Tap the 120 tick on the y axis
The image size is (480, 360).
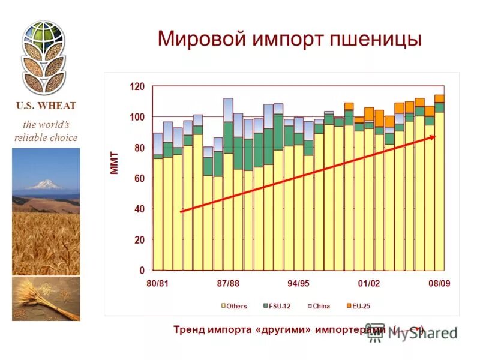coord(137,86)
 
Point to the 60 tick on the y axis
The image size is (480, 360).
coord(139,179)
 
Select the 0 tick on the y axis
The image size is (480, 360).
coord(142,271)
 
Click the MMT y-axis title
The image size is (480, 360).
coord(115,163)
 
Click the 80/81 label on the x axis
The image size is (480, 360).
coord(157,284)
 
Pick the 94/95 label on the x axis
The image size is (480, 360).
coord(299,284)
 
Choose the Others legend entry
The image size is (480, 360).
coord(236,306)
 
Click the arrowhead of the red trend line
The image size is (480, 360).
coord(433,137)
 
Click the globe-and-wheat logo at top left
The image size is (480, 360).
coord(43,57)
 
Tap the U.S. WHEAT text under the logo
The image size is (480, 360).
coord(46,106)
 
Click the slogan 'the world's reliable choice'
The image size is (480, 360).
coord(46,131)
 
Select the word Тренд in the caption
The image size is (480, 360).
coord(188,329)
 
